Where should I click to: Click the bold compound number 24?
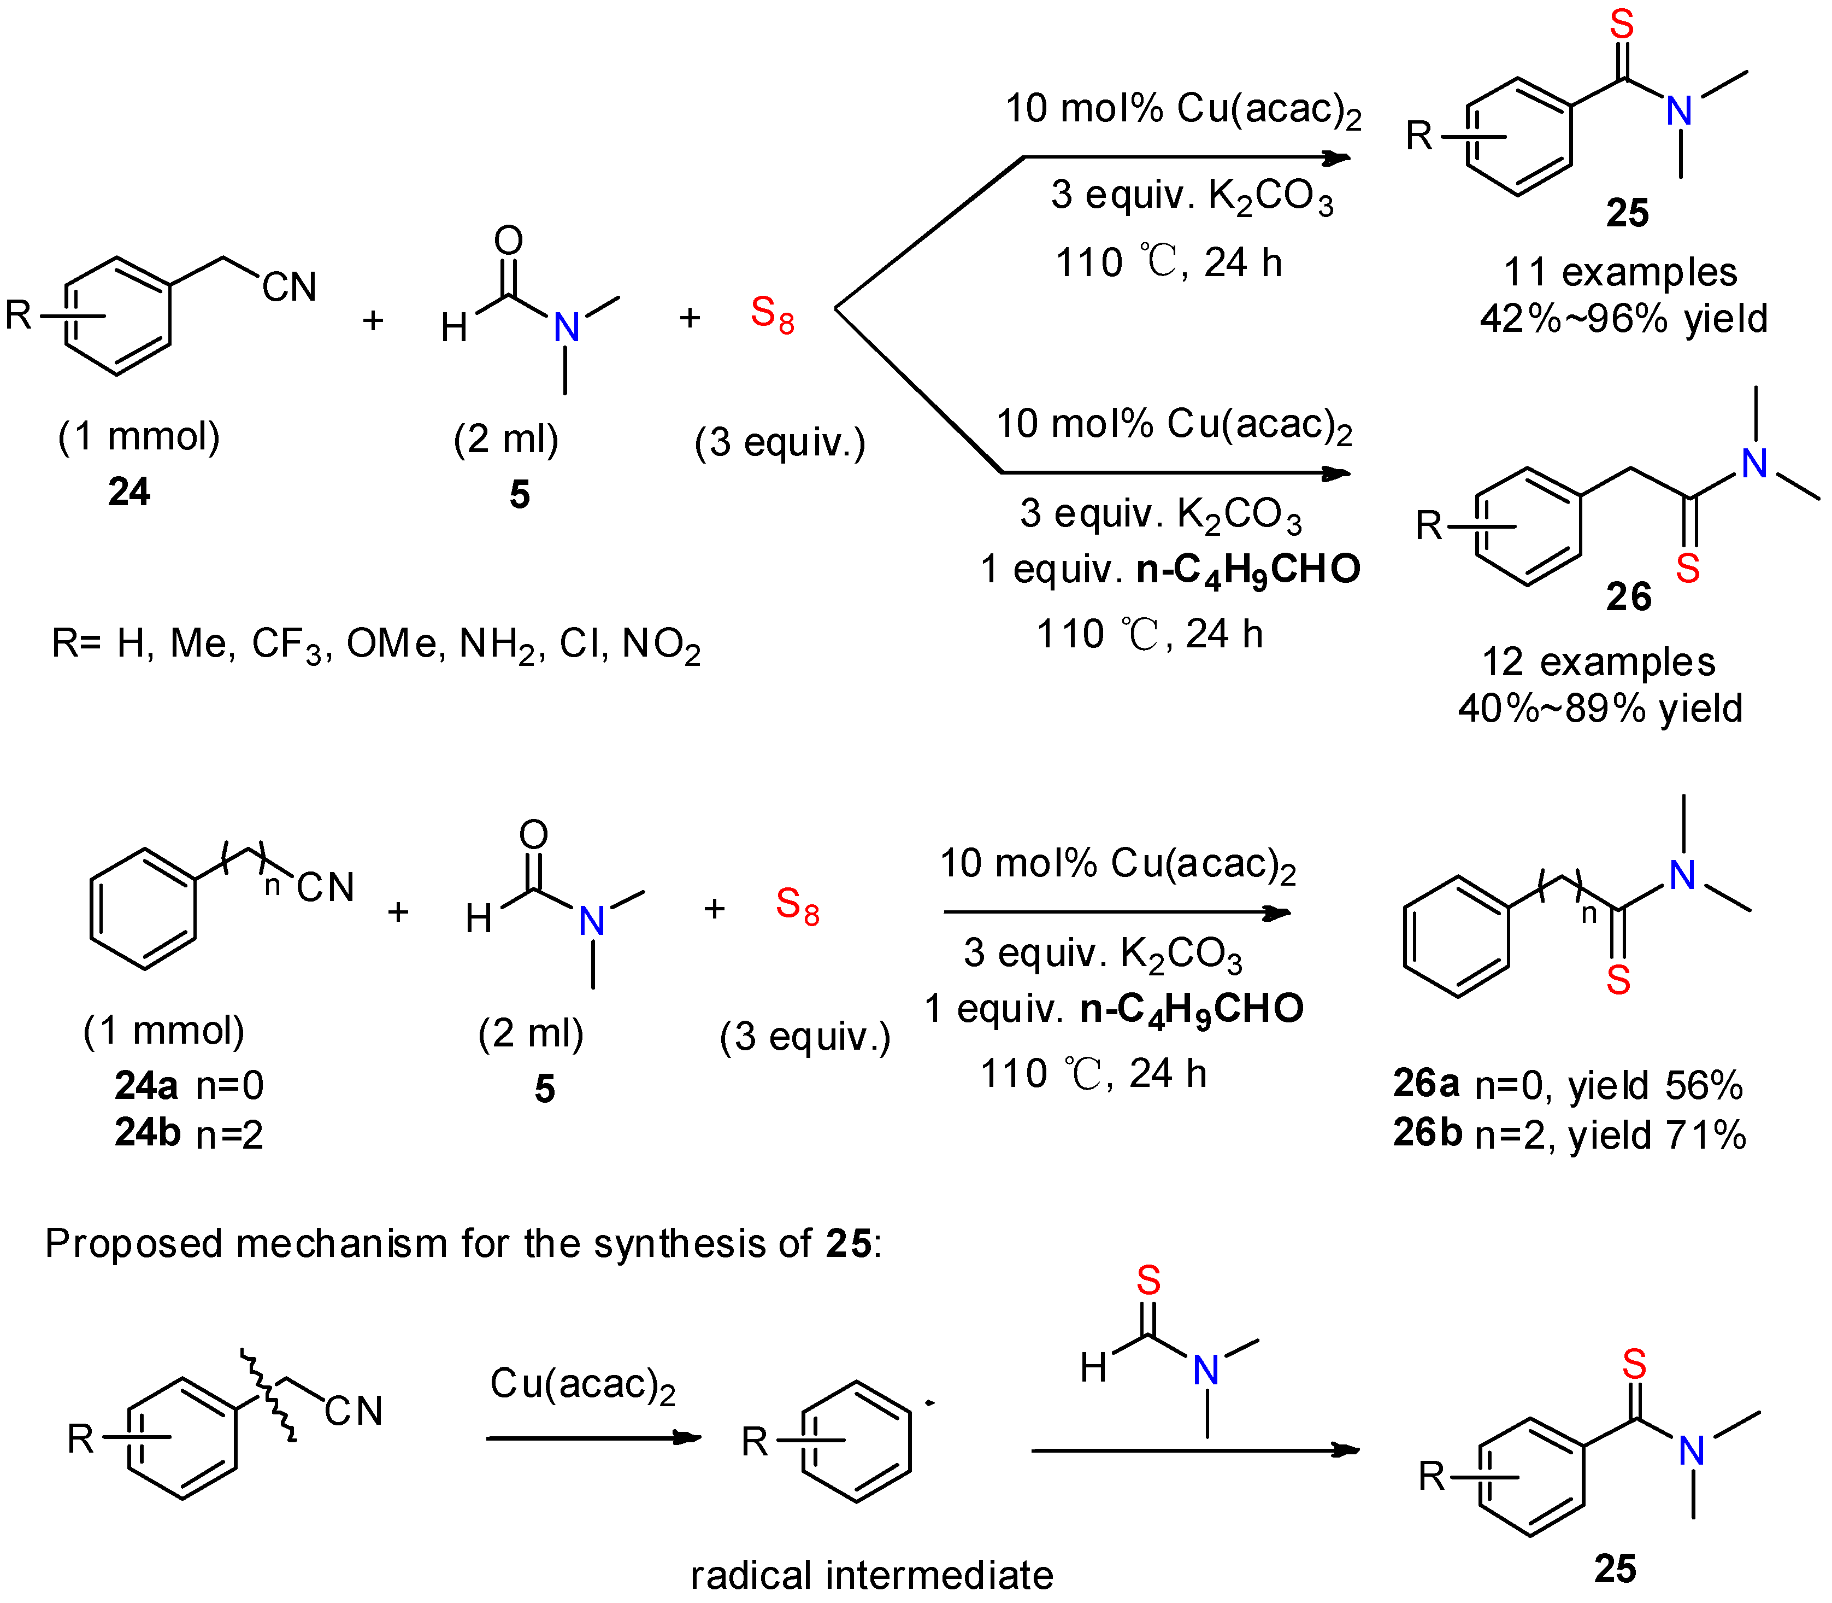click(x=129, y=492)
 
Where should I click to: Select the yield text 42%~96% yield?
click(x=1623, y=318)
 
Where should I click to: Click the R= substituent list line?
click(x=375, y=644)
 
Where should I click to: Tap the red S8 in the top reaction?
click(x=771, y=314)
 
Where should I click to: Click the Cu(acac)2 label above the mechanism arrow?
click(x=582, y=1385)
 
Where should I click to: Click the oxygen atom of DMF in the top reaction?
click(x=508, y=239)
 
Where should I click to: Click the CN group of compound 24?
click(x=289, y=287)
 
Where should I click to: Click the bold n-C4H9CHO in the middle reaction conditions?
click(x=1248, y=570)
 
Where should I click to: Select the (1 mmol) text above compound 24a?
click(x=163, y=1031)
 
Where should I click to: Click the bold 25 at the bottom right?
click(x=1615, y=1569)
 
